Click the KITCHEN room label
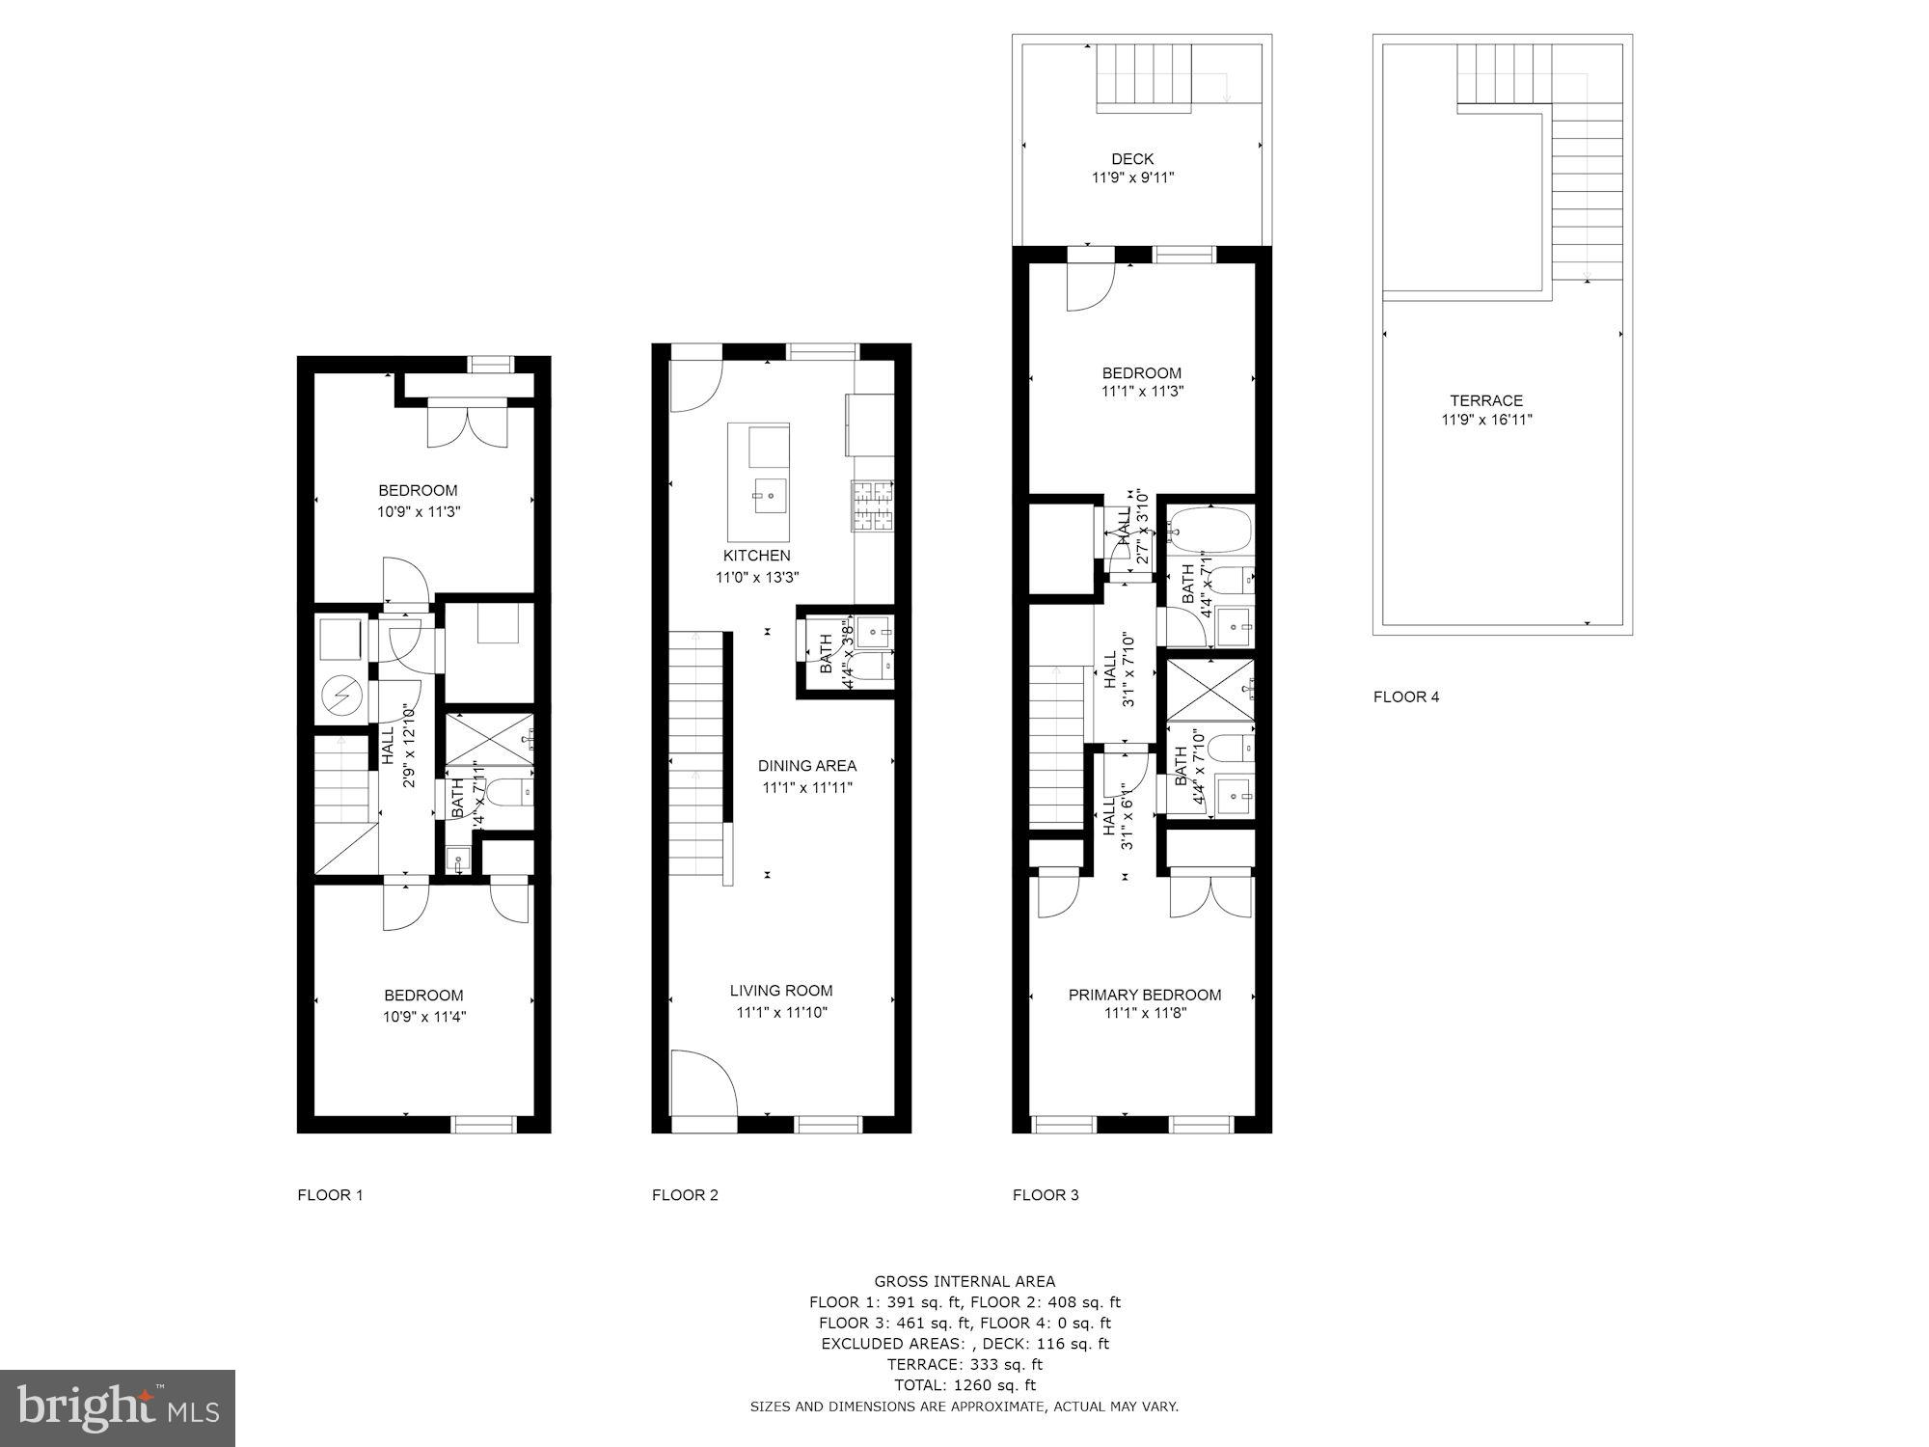click(757, 556)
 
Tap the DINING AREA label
click(806, 766)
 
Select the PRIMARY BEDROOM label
click(1145, 995)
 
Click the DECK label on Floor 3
click(1132, 159)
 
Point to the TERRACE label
click(1486, 400)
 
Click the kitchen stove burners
click(873, 506)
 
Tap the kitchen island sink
click(770, 497)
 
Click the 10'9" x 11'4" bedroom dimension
click(424, 1017)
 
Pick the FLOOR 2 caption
click(685, 1195)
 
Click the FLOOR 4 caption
click(1406, 696)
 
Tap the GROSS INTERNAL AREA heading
click(964, 1282)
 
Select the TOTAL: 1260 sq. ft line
click(964, 1385)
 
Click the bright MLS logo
click(118, 1408)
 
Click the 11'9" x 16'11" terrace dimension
click(1486, 420)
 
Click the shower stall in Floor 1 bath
click(490, 739)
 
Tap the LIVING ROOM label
click(781, 991)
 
